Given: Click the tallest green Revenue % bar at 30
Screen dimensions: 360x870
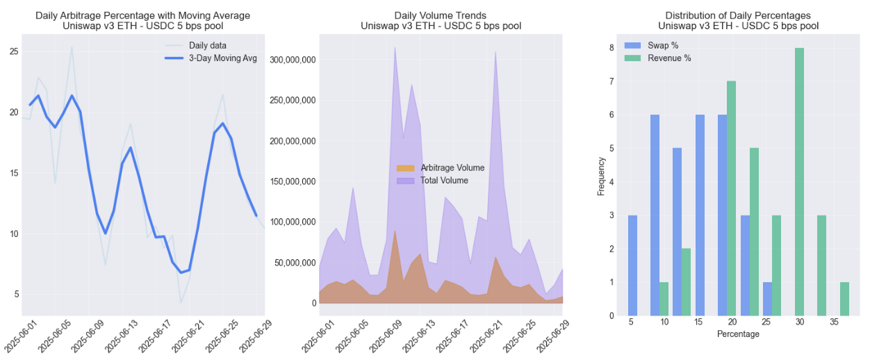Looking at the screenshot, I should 800,181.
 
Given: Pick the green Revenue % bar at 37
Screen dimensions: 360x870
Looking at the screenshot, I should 844,299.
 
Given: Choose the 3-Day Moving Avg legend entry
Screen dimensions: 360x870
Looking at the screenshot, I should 222,58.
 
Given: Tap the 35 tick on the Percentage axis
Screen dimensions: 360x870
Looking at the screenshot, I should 833,323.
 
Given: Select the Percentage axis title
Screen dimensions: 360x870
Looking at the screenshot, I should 739,334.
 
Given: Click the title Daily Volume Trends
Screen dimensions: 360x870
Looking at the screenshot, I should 441,15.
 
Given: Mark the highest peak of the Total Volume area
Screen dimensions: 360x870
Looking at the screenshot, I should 395,47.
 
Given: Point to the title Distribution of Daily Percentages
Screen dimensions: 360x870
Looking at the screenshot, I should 738,15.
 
